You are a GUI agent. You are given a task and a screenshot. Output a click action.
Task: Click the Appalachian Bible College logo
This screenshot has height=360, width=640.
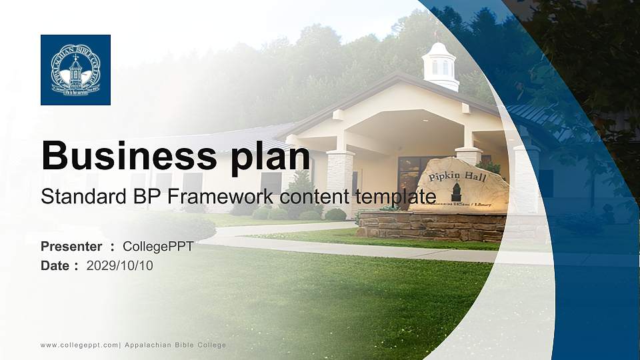click(75, 70)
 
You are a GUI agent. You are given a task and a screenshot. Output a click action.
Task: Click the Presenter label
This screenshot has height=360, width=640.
click(71, 247)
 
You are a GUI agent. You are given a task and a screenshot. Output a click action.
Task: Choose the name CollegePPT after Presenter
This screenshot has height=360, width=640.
click(158, 247)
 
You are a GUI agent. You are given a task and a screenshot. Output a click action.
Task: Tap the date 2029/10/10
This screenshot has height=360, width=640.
click(120, 266)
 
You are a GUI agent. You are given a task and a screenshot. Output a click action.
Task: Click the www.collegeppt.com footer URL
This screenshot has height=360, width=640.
click(79, 345)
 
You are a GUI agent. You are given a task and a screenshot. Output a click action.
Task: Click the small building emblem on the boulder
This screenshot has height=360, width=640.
click(456, 193)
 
